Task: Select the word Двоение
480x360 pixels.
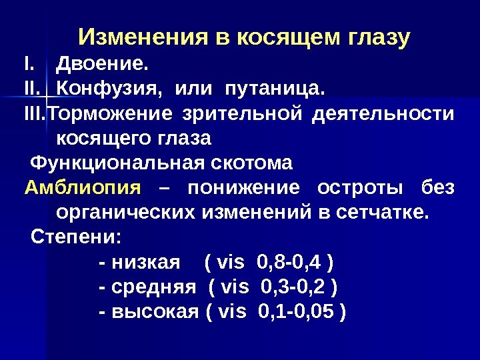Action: tap(101, 65)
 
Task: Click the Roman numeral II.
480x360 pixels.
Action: tap(32, 89)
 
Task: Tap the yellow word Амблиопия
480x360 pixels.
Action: tap(83, 188)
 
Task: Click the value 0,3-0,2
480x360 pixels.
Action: tap(294, 287)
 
